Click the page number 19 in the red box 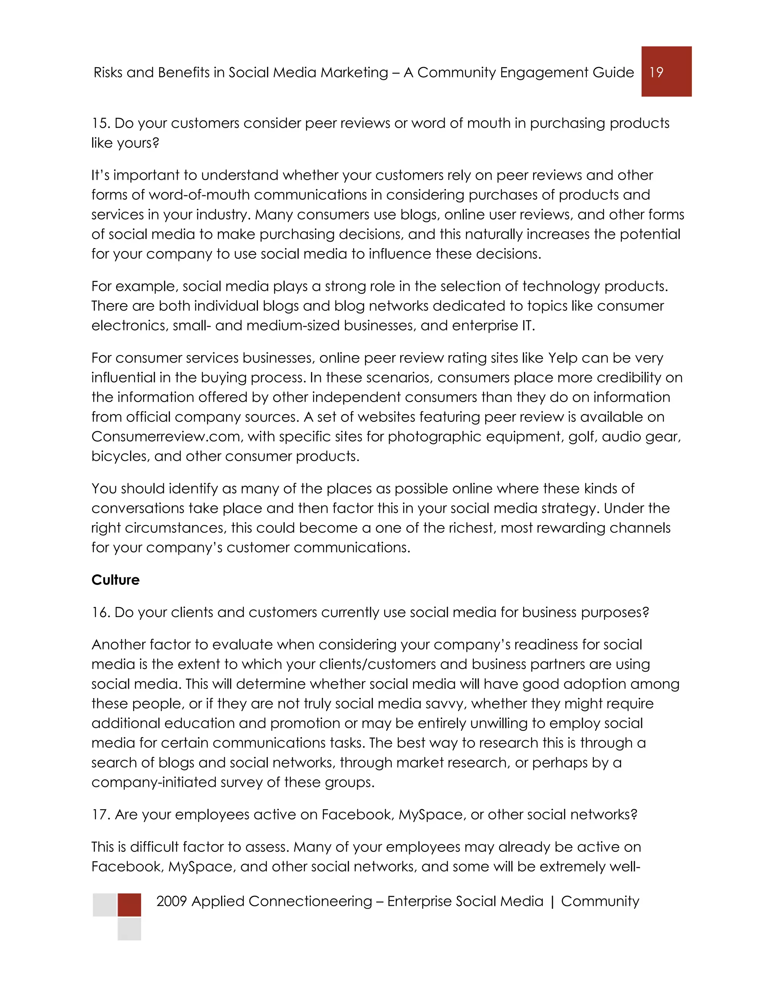tap(656, 72)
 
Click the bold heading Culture tap(115, 580)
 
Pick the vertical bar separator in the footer tap(552, 901)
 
